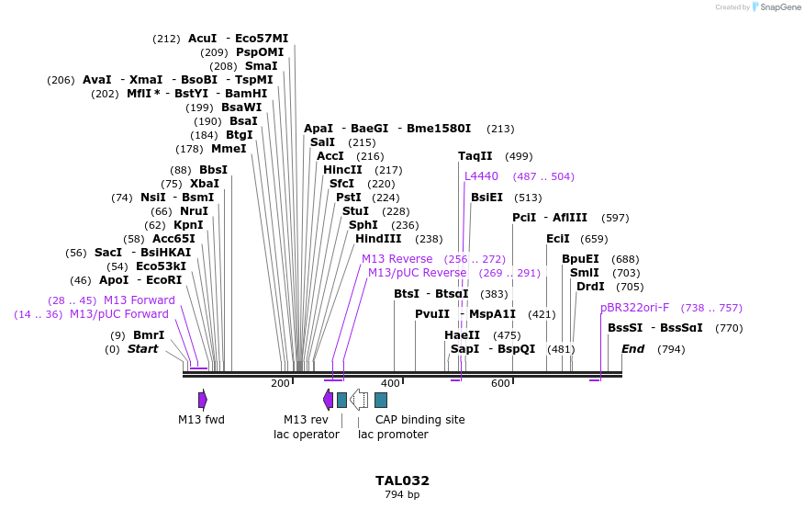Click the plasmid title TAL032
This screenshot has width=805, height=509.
pos(402,481)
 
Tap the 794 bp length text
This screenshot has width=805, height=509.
pos(402,495)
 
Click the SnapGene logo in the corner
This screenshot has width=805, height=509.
pos(776,7)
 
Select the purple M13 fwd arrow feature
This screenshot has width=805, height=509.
pos(203,400)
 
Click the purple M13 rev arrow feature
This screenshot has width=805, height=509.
pos(328,400)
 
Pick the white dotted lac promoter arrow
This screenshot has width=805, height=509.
pos(359,400)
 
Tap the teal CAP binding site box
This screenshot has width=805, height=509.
pos(381,400)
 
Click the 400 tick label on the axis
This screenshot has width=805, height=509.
pos(390,383)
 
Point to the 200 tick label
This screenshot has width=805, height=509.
pos(280,383)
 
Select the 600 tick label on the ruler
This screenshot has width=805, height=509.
pos(500,383)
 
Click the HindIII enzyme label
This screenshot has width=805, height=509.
pos(378,239)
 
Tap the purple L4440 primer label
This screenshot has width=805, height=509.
pos(481,176)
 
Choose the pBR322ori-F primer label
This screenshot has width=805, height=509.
pos(634,308)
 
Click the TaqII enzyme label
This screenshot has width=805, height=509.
pos(475,156)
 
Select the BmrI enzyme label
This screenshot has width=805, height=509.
pos(149,335)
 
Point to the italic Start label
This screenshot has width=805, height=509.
pos(142,349)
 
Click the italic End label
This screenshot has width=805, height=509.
pos(632,349)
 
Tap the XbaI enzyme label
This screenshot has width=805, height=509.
pos(204,184)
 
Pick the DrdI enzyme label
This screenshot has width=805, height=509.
pos(590,287)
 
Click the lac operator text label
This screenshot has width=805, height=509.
pos(307,435)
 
